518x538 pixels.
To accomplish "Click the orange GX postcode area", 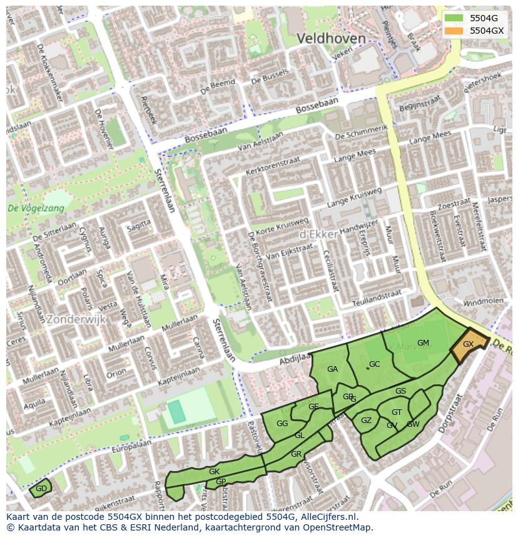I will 469,346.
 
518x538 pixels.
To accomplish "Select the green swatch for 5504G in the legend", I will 454,18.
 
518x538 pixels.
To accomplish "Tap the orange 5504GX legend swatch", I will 454,31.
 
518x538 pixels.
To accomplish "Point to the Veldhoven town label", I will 331,39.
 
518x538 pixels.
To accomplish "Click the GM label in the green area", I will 423,342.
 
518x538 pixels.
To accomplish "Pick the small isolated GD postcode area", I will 41,488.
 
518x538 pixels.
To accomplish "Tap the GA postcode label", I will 332,369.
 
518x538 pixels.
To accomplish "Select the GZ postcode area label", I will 366,421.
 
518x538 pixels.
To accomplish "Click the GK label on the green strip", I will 214,471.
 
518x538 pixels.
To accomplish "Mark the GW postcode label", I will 413,424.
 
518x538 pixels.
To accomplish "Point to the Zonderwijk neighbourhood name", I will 76,319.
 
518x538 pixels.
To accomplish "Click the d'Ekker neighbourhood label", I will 319,234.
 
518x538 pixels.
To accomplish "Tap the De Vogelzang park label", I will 36,209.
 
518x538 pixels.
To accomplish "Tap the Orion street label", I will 116,374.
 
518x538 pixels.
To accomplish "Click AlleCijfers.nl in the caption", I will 328,517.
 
